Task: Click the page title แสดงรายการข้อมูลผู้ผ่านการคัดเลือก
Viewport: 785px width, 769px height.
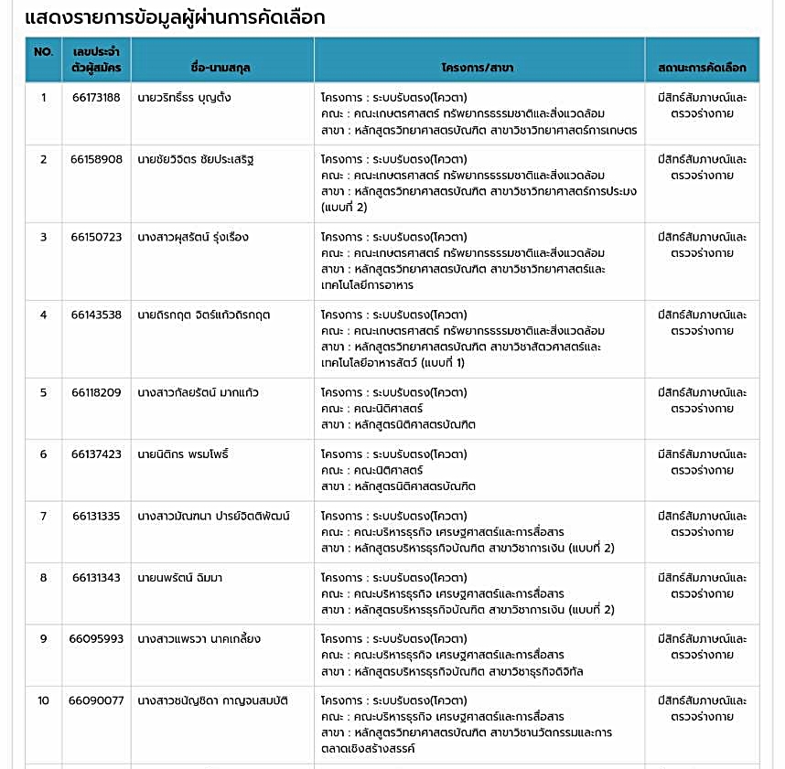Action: point(175,18)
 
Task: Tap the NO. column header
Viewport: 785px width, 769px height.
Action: point(43,52)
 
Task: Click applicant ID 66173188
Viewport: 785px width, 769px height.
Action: point(96,98)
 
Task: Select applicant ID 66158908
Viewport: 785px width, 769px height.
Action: point(96,160)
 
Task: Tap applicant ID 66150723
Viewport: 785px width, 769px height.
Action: point(96,238)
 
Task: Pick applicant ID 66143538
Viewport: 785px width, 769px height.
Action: point(96,315)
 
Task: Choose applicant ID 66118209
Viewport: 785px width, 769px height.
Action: point(96,393)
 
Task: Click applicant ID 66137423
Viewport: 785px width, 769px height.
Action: point(96,454)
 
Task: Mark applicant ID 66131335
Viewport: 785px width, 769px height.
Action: point(96,517)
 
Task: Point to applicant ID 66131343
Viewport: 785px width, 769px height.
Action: point(96,578)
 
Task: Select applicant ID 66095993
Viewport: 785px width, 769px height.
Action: point(96,639)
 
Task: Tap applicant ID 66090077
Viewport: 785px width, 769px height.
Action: point(96,701)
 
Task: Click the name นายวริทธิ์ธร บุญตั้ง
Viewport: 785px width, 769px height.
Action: point(184,98)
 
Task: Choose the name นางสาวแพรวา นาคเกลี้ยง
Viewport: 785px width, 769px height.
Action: point(199,639)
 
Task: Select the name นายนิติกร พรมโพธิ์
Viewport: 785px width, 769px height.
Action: point(183,454)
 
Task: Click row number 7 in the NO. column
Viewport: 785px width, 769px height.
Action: point(43,517)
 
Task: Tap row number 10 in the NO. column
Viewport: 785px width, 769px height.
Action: point(43,701)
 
